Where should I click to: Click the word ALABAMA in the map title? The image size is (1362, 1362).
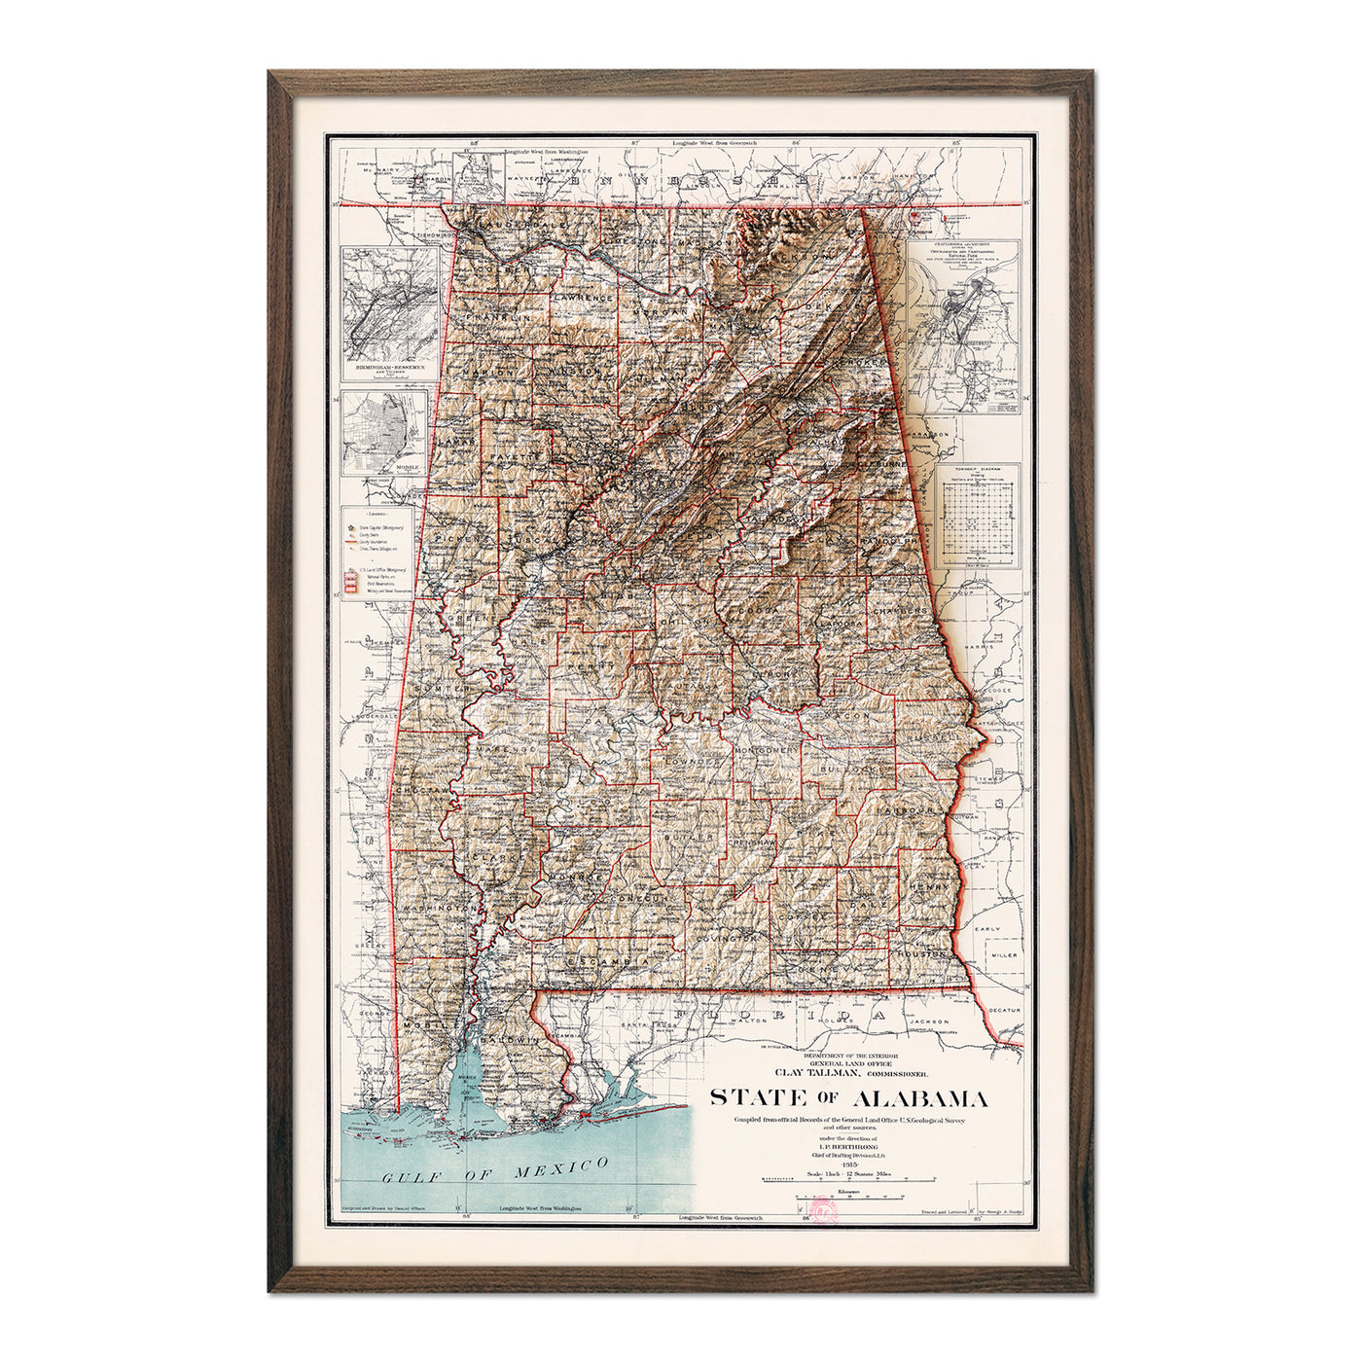coord(920,1099)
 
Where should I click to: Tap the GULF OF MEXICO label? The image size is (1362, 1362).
coord(495,1170)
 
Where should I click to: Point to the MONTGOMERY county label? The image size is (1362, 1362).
coord(765,752)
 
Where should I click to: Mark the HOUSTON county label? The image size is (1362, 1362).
coord(921,955)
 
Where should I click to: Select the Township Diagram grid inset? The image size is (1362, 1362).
coord(981,516)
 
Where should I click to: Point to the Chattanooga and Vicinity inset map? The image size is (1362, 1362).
coord(963,326)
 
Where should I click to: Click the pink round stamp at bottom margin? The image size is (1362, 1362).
coord(824,1213)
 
